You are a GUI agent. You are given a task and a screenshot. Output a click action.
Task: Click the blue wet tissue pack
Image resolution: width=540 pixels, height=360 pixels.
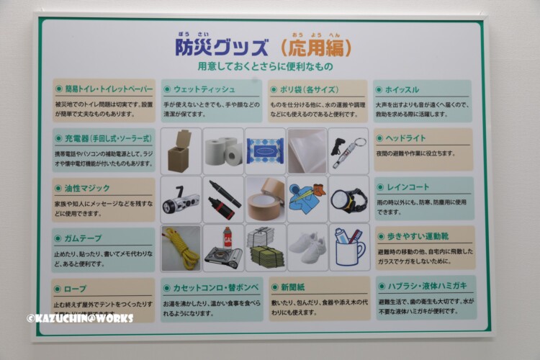265,152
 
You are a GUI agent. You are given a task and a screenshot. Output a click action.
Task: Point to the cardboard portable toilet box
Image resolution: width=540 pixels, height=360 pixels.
181,152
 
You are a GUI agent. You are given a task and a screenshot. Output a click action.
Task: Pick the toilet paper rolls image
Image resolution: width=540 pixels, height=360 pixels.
223,152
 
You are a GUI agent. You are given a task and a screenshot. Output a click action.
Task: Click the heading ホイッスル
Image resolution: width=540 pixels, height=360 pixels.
402,90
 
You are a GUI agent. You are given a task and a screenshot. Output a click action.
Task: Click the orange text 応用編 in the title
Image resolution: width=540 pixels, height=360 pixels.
316,48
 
